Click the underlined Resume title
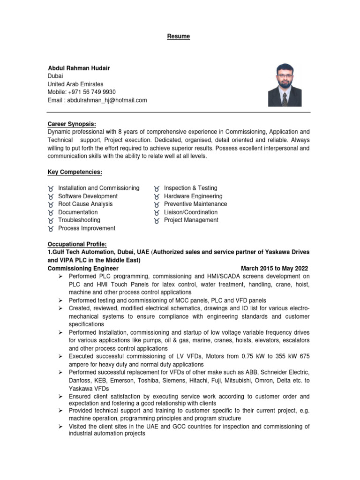pyautogui.click(x=180, y=36)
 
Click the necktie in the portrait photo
pyautogui.click(x=285, y=99)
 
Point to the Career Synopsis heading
pyautogui.click(x=72, y=124)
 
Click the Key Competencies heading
pyautogui.click(x=75, y=172)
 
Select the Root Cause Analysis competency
pyautogui.click(x=85, y=204)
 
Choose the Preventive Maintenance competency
pyautogui.click(x=195, y=204)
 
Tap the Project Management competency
pyautogui.click(x=191, y=220)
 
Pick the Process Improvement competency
pyautogui.click(x=87, y=228)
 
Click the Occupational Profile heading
pyautogui.click(x=77, y=244)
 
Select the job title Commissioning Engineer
pyautogui.click(x=80, y=268)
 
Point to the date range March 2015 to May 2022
pyautogui.click(x=275, y=268)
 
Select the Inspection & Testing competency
pyautogui.click(x=191, y=188)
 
